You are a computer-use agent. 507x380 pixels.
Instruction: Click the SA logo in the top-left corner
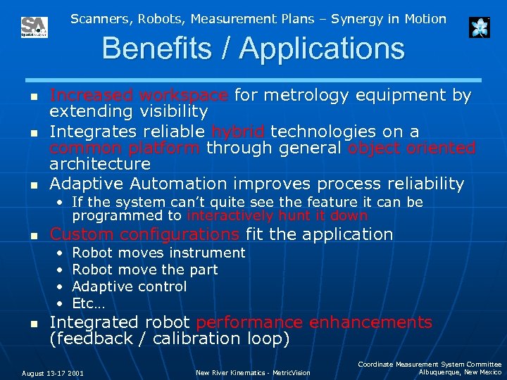coord(34,27)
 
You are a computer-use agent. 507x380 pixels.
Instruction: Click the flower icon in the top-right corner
coord(479,27)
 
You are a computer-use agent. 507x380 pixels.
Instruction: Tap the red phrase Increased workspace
coord(139,95)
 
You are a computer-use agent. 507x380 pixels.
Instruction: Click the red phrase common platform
coord(125,148)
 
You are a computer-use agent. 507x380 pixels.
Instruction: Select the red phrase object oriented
coord(412,148)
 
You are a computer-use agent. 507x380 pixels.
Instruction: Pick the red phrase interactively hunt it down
coord(277,215)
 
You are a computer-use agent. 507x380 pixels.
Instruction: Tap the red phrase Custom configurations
coord(144,234)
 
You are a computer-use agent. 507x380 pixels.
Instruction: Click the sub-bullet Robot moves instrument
coord(158,253)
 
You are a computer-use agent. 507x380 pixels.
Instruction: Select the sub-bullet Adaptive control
coord(130,286)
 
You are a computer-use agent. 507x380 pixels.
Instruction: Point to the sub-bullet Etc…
coord(88,303)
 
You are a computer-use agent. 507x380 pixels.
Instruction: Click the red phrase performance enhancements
coord(314,322)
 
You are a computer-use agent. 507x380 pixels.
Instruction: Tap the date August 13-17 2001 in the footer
coord(53,373)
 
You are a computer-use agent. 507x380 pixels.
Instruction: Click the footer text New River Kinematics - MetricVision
coord(253,373)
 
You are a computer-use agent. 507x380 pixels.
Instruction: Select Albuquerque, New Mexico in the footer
coord(460,372)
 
